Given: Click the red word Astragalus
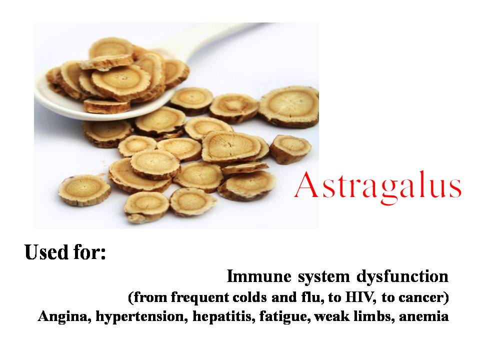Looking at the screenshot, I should pyautogui.click(x=377, y=186).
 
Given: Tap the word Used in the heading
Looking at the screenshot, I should pyautogui.click(x=44, y=252).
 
